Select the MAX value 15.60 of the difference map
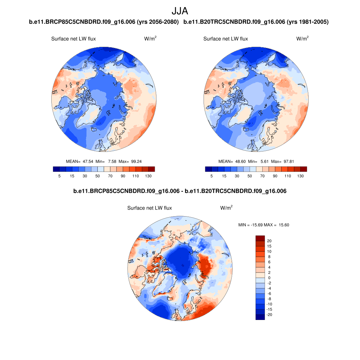[x=284, y=225]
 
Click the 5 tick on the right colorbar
[x=212, y=176]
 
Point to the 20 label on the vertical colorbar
[x=269, y=241]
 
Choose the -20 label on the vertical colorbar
[x=269, y=315]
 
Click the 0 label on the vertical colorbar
[x=269, y=278]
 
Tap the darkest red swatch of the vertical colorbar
[x=260, y=238]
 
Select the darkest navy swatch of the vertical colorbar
[x=260, y=317]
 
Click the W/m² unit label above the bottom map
[x=226, y=208]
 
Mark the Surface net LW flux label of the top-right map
[x=225, y=39]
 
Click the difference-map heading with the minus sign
[x=180, y=191]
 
